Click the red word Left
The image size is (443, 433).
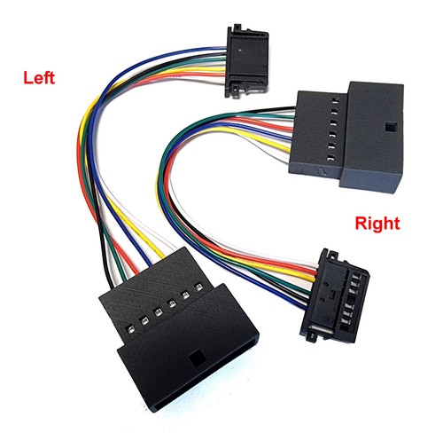click(39, 78)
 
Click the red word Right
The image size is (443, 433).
click(377, 224)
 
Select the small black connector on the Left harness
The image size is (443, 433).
click(247, 61)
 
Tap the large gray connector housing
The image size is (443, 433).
click(346, 137)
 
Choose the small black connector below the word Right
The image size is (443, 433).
click(334, 296)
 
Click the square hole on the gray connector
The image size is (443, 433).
click(390, 127)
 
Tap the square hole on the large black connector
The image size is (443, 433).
click(198, 358)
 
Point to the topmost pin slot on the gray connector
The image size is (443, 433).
click(335, 101)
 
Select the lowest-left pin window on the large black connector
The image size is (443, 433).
click(129, 329)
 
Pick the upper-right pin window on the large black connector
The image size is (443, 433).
click(198, 287)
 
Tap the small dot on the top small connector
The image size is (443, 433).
click(240, 51)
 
